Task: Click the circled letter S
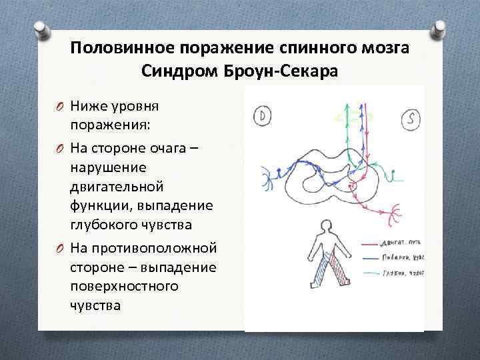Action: (411, 120)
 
